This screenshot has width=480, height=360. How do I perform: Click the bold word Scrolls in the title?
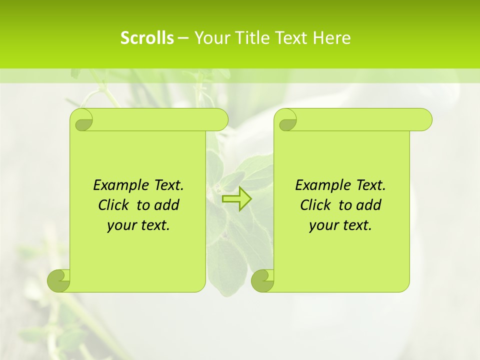pos(147,38)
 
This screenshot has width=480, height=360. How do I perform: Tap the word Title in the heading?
pos(251,38)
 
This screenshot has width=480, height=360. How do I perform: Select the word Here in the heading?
pos(331,38)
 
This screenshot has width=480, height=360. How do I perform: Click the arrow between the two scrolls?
pos(236,199)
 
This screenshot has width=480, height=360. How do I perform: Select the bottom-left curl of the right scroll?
pos(262,281)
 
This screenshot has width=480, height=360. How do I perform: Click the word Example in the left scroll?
pos(116,185)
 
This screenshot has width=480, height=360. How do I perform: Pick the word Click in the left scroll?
pos(112,205)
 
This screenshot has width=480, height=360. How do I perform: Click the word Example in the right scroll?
pos(318,185)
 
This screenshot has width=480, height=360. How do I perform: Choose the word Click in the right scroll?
pos(314,205)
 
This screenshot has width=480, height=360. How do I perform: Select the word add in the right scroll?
pos(369,205)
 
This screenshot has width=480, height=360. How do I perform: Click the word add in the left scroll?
pos(167,205)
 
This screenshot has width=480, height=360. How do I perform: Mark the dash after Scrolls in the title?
pos(183,38)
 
